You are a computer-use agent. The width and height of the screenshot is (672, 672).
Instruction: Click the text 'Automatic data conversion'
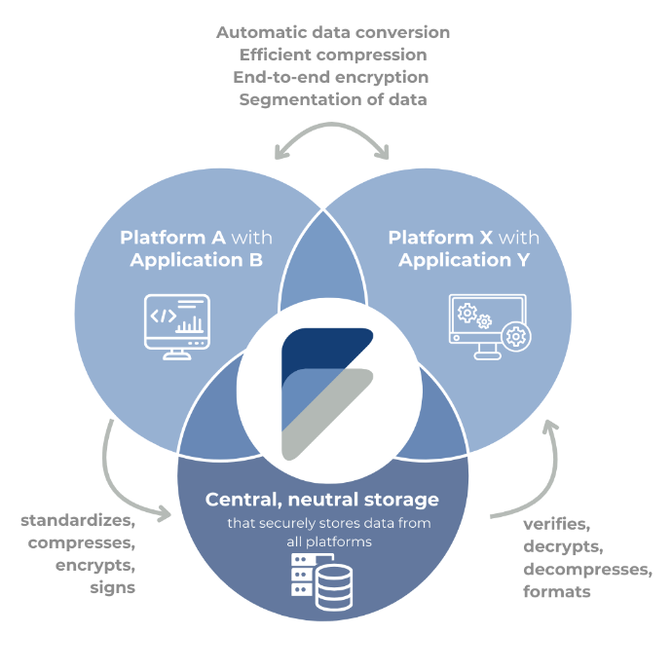pyautogui.click(x=332, y=32)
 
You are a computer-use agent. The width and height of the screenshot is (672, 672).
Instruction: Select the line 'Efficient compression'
pyautogui.click(x=332, y=55)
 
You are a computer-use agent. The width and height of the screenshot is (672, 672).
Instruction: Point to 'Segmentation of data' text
pyautogui.click(x=332, y=99)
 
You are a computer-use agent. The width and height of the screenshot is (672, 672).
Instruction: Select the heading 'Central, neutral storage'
pyautogui.click(x=321, y=501)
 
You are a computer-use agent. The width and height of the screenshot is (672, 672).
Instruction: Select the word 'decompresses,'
pyautogui.click(x=587, y=569)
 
